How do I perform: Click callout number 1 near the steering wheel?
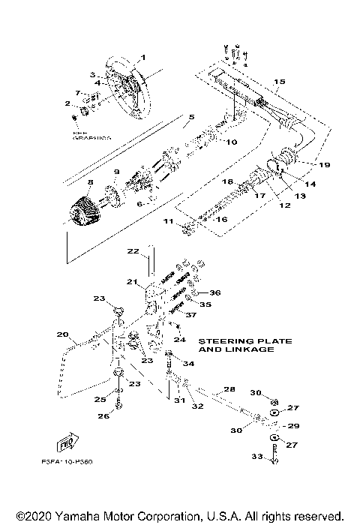(x=144, y=58)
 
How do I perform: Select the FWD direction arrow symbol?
(x=68, y=442)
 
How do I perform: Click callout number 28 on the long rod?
(x=229, y=390)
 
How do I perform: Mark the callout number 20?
(x=63, y=334)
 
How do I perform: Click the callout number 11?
(x=169, y=223)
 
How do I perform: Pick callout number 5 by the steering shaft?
(x=191, y=118)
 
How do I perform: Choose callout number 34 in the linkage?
(x=189, y=364)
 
